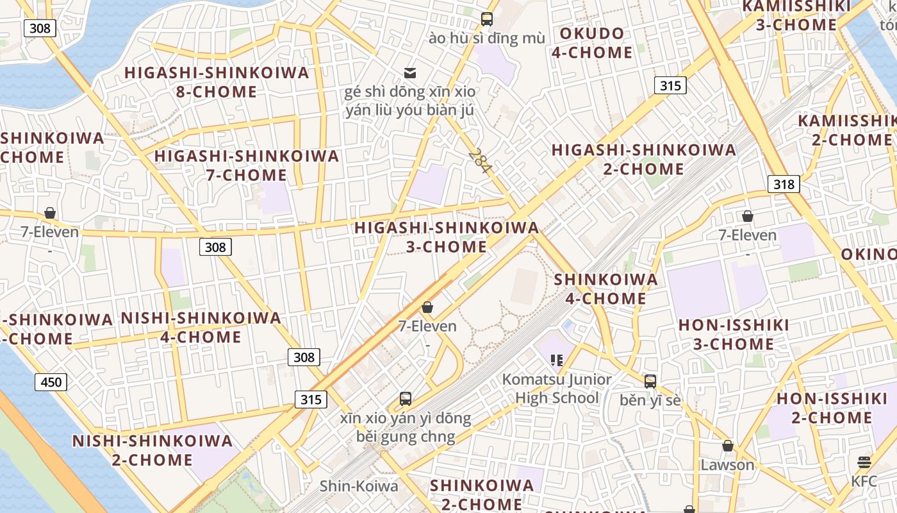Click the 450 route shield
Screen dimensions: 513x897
click(x=51, y=383)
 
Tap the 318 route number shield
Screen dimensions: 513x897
click(x=784, y=185)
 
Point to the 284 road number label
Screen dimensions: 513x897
click(x=479, y=161)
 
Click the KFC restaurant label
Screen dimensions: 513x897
click(x=864, y=481)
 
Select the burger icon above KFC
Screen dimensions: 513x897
click(x=864, y=462)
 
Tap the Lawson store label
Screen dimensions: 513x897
click(x=727, y=465)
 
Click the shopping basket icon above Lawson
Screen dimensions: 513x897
click(x=728, y=446)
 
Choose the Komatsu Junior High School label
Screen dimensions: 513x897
click(x=557, y=389)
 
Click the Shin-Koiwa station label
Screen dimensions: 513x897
click(x=359, y=486)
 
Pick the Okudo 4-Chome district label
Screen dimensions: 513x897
click(x=592, y=43)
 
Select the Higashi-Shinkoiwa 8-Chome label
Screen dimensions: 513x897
click(x=217, y=82)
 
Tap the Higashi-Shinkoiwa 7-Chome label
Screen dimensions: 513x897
click(x=247, y=165)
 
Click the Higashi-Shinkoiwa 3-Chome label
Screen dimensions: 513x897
click(x=447, y=237)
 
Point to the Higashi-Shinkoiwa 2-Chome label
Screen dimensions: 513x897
click(x=644, y=160)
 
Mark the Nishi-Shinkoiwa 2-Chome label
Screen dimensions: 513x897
click(x=152, y=450)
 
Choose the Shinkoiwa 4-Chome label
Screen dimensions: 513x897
click(x=605, y=289)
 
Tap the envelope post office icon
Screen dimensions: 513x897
click(x=410, y=73)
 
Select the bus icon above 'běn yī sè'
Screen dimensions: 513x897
click(x=650, y=382)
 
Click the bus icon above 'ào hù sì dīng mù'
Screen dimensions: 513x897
click(x=487, y=19)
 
